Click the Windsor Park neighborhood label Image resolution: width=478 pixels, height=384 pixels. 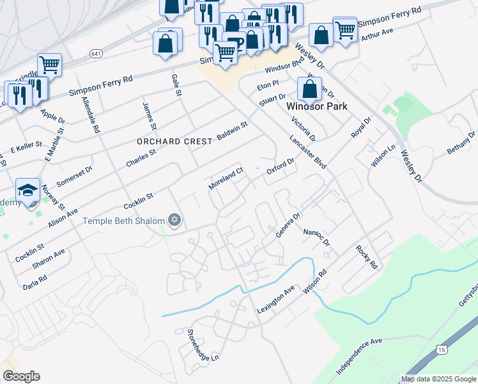tap(317, 106)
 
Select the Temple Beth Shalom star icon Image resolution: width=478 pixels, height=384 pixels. tap(174, 221)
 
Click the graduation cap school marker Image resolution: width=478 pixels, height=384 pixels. tap(27, 190)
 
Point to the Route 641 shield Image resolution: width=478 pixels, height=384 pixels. tap(96, 53)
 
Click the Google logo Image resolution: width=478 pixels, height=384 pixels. tap(21, 376)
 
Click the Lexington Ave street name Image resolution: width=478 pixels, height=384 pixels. tap(275, 300)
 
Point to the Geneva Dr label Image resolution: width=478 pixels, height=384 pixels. tap(287, 226)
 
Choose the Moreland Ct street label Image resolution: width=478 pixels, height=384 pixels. tap(226, 179)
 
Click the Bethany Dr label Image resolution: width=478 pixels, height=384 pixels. tap(461, 143)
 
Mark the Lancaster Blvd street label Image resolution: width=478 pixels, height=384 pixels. tap(308, 152)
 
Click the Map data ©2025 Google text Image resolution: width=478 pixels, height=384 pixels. tap(438, 379)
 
